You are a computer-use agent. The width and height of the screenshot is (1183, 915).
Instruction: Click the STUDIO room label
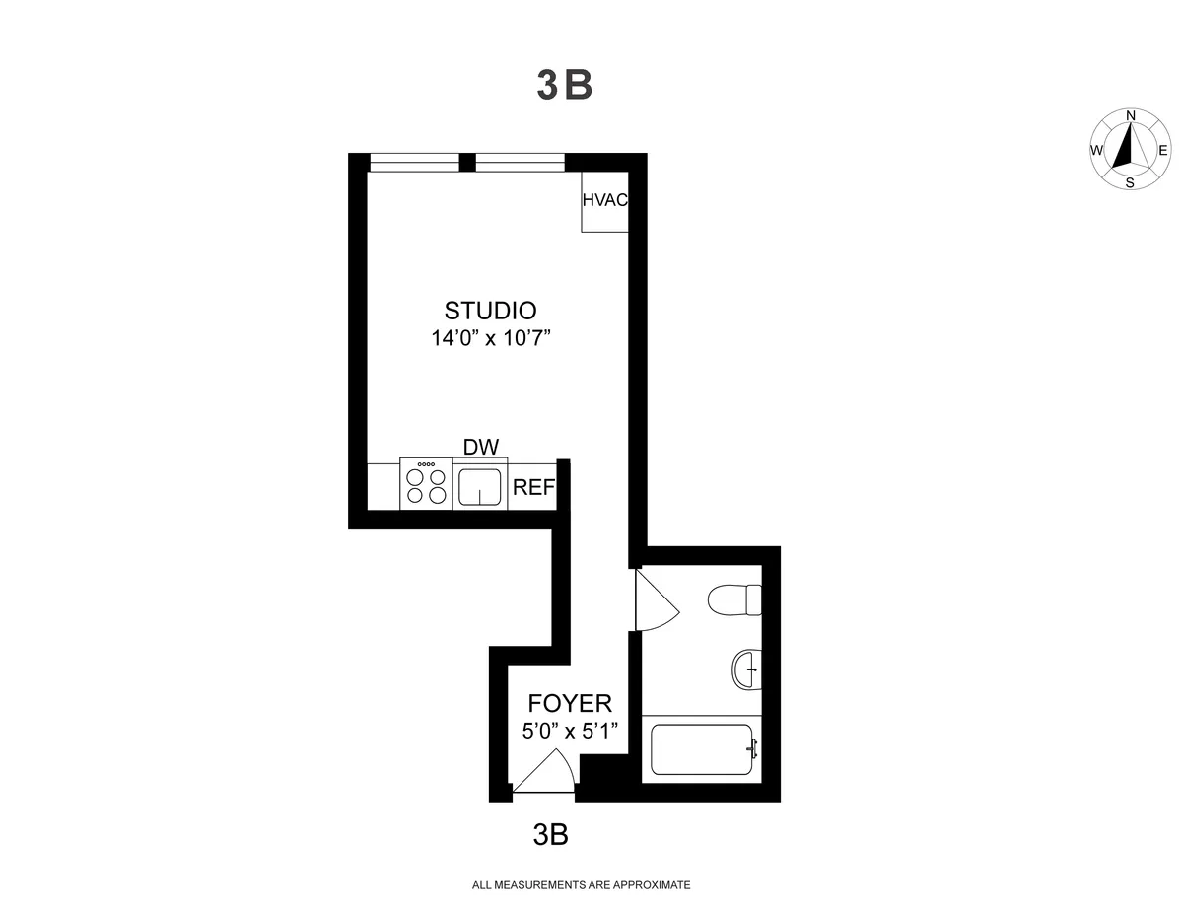pos(490,310)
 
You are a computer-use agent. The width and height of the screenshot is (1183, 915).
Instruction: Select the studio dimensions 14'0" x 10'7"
pos(490,338)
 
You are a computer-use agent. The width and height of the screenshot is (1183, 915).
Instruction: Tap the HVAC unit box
pos(604,202)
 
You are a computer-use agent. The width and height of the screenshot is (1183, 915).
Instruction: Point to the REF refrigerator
pos(533,487)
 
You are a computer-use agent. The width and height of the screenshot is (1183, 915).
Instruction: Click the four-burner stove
pos(426,484)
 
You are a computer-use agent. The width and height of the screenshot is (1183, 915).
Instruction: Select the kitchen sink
pos(480,485)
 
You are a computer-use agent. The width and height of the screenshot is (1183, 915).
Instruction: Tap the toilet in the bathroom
pos(735,598)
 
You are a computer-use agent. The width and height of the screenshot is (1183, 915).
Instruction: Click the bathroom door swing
pos(654,599)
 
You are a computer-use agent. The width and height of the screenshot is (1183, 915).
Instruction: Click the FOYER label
pos(570,703)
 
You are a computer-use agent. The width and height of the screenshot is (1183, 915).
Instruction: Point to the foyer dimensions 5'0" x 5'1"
pos(570,732)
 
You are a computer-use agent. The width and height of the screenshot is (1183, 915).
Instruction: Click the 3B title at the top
pos(564,86)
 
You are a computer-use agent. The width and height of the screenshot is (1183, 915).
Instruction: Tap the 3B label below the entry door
pos(550,835)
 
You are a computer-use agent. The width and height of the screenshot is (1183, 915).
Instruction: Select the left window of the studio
pos(414,163)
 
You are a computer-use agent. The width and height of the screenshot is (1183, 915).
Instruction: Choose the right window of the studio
pos(520,163)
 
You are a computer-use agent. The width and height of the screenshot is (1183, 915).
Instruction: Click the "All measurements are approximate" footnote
pos(582,885)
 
